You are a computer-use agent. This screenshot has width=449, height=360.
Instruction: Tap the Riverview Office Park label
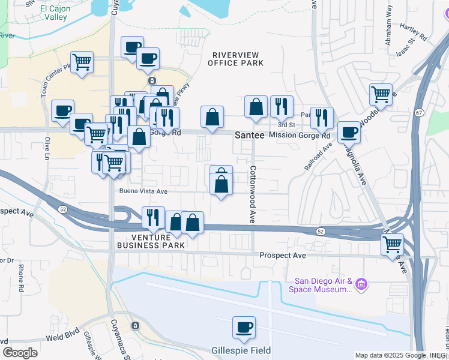[x=236, y=59]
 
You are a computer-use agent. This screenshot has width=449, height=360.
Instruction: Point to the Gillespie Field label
[x=241, y=350]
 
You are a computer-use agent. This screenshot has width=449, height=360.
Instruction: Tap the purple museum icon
[x=361, y=284]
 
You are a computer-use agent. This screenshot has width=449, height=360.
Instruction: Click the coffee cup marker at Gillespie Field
[x=244, y=328]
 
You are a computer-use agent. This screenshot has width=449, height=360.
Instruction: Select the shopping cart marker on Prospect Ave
[x=392, y=244]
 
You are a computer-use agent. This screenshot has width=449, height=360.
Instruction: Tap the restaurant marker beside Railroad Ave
[x=322, y=118]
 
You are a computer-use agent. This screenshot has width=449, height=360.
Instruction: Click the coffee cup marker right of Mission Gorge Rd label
[x=349, y=132]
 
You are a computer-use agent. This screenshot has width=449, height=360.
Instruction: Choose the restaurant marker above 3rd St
[x=282, y=106]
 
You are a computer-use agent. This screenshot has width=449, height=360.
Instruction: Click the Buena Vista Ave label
[x=143, y=191]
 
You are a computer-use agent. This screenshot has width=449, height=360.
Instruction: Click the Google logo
[x=20, y=352]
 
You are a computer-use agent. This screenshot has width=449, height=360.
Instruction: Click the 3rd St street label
[x=286, y=125]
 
